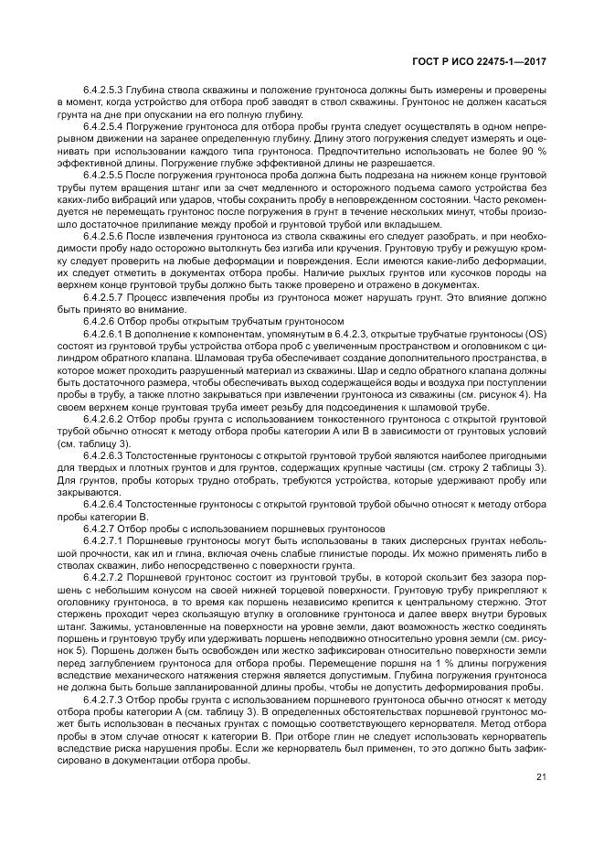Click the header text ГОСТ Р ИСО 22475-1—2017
(x=483, y=62)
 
